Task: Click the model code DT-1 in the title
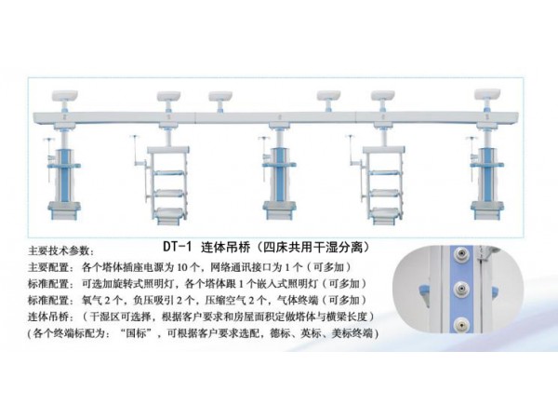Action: pyautogui.click(x=178, y=247)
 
